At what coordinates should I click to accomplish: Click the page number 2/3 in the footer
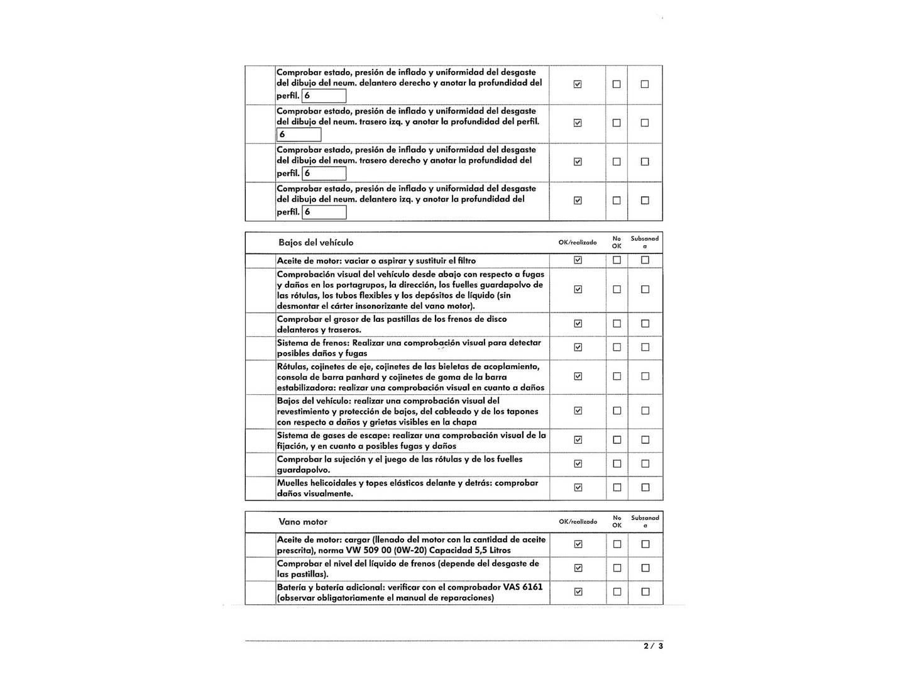(x=653, y=646)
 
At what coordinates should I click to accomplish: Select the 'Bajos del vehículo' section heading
(x=315, y=243)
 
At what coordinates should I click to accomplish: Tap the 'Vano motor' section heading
(x=303, y=522)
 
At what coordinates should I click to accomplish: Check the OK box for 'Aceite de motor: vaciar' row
(x=578, y=260)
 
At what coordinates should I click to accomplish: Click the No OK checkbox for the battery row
(x=617, y=592)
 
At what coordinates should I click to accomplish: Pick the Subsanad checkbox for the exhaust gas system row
(x=645, y=440)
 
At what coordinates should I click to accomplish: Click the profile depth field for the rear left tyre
(x=299, y=135)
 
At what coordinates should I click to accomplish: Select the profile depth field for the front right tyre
(x=324, y=96)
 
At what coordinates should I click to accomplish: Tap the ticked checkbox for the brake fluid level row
(x=578, y=568)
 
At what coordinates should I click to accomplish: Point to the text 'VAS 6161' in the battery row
(x=523, y=587)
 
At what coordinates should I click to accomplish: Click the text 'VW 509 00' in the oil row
(x=368, y=550)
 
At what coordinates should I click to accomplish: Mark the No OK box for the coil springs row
(x=617, y=487)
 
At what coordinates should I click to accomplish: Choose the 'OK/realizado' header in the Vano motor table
(x=578, y=522)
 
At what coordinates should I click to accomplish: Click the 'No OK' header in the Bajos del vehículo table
(x=617, y=242)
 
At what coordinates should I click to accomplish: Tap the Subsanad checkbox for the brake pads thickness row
(x=645, y=324)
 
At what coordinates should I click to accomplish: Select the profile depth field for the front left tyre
(x=324, y=212)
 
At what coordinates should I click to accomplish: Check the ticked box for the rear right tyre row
(x=578, y=162)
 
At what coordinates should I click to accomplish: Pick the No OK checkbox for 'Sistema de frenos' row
(x=617, y=347)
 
